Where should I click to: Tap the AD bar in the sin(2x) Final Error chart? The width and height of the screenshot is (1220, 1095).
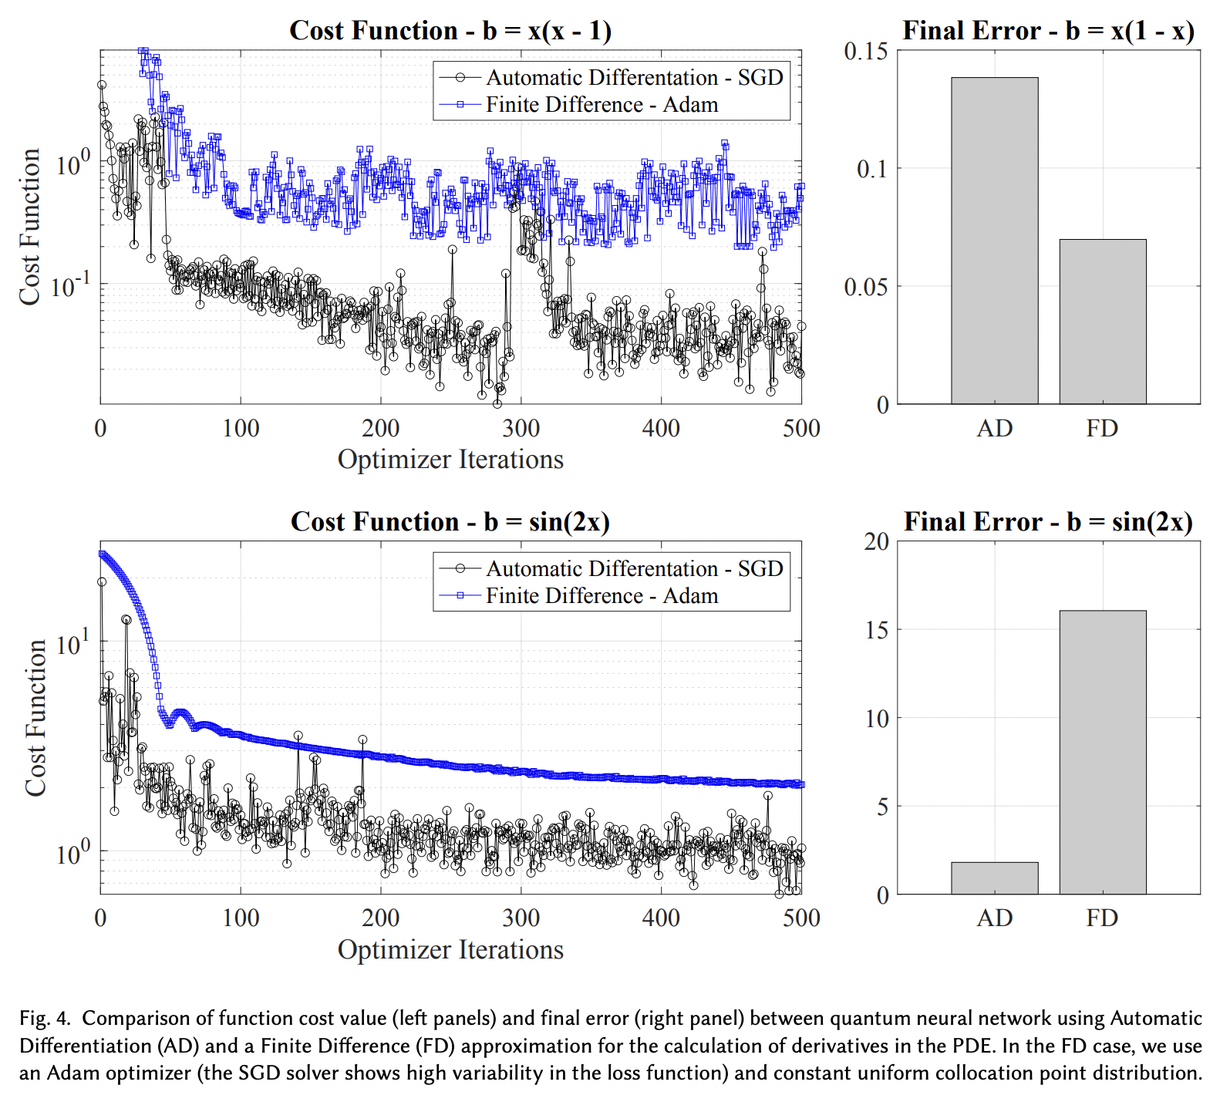click(x=994, y=878)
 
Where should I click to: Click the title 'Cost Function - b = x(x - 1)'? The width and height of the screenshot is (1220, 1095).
click(x=450, y=31)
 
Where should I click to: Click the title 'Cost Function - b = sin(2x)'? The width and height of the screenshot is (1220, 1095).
click(x=450, y=522)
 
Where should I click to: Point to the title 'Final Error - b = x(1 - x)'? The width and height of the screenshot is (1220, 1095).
click(x=1048, y=31)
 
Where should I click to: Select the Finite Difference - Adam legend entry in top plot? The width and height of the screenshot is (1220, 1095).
click(x=602, y=105)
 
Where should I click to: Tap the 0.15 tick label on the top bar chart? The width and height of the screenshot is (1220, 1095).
click(x=865, y=51)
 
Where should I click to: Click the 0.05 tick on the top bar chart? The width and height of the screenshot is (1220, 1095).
click(x=865, y=287)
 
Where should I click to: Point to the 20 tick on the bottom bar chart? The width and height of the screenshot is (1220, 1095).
click(x=876, y=542)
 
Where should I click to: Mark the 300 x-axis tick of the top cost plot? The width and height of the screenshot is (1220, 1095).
click(x=521, y=429)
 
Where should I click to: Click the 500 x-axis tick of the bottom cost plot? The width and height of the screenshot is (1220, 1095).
click(x=801, y=918)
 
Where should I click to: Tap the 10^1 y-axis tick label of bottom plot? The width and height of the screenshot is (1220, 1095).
click(x=73, y=642)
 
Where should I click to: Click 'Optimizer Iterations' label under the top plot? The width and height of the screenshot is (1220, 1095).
click(x=450, y=460)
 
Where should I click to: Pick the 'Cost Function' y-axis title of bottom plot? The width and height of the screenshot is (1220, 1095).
click(x=35, y=717)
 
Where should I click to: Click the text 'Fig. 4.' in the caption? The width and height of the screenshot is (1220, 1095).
click(x=45, y=1019)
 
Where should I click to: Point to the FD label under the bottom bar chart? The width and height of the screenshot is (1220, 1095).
click(x=1102, y=918)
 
